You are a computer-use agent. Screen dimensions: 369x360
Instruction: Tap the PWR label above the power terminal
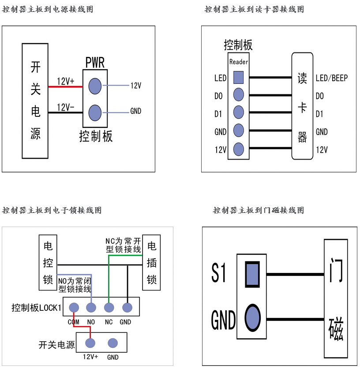coord(95,63)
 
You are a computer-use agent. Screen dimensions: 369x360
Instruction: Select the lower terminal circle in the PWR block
coord(95,112)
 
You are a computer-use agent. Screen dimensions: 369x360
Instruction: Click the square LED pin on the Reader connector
coord(238,78)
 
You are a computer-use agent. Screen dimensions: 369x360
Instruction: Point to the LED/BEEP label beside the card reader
coord(331,78)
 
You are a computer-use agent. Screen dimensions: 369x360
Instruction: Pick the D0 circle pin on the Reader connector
coord(238,95)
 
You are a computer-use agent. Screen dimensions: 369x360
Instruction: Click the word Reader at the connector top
coord(239,62)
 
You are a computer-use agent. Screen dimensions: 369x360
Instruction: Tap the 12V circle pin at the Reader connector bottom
coord(238,149)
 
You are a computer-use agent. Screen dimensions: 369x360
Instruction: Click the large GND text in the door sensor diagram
coord(223,320)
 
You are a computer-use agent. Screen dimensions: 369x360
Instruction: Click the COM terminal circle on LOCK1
coord(74,307)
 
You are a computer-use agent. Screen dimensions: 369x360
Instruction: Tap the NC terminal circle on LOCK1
coord(109,307)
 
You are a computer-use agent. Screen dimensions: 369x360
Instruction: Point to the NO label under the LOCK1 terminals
coord(91,322)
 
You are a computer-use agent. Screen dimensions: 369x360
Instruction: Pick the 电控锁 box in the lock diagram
coord(48,263)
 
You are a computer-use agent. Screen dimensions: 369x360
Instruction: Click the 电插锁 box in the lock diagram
coord(151,263)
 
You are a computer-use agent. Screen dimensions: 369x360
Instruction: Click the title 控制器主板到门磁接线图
coord(259,210)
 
